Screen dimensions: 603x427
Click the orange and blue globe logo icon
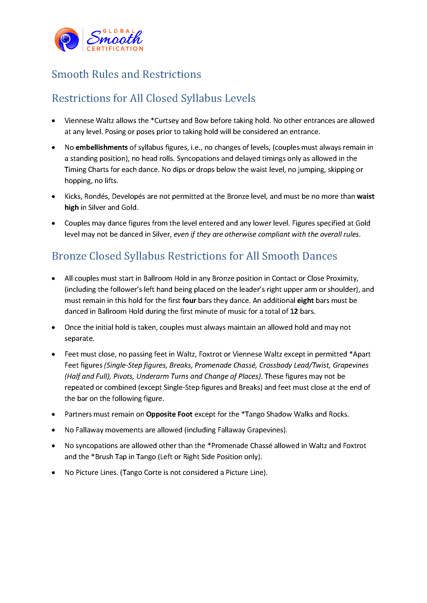(67, 40)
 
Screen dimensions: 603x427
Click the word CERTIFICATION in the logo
(115, 49)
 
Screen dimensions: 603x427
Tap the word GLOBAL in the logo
(118, 31)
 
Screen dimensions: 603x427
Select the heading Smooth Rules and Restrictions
(126, 74)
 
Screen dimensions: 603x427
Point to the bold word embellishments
(101, 147)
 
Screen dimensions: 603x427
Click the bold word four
(189, 300)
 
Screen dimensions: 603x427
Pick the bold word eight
(305, 300)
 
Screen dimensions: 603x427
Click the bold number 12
(294, 311)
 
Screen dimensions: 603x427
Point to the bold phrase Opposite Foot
(169, 414)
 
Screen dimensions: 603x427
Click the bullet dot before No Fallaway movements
(53, 430)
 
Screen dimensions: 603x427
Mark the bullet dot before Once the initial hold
(53, 327)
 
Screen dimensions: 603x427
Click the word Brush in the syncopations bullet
(104, 457)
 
